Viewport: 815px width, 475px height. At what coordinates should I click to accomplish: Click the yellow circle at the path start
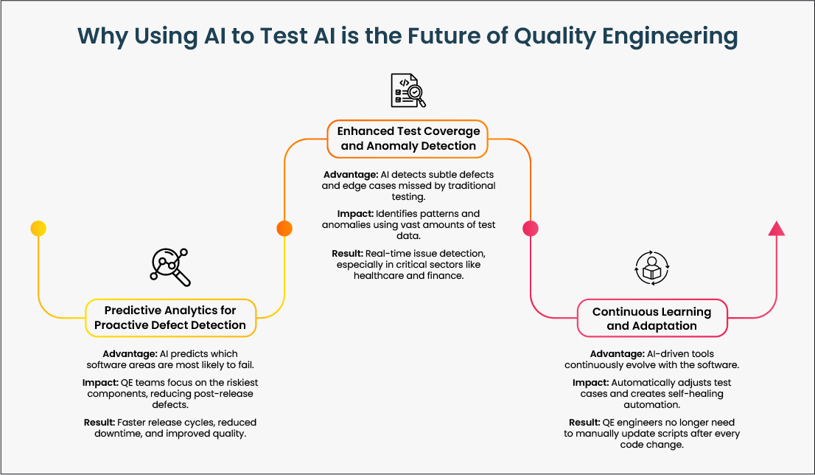click(38, 229)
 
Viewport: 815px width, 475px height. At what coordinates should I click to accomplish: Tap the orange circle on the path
click(284, 229)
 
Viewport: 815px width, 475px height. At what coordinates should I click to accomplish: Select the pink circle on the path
click(530, 229)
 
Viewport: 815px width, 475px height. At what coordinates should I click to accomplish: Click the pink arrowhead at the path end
click(776, 228)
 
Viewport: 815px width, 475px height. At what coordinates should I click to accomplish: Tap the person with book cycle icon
click(651, 268)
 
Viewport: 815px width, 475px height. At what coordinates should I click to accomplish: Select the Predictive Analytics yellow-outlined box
click(170, 318)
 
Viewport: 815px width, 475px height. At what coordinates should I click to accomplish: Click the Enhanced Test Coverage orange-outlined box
click(408, 139)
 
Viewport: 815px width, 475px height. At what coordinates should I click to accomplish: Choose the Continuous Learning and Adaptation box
click(651, 319)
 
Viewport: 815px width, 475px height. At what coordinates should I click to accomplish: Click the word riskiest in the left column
click(217, 383)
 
